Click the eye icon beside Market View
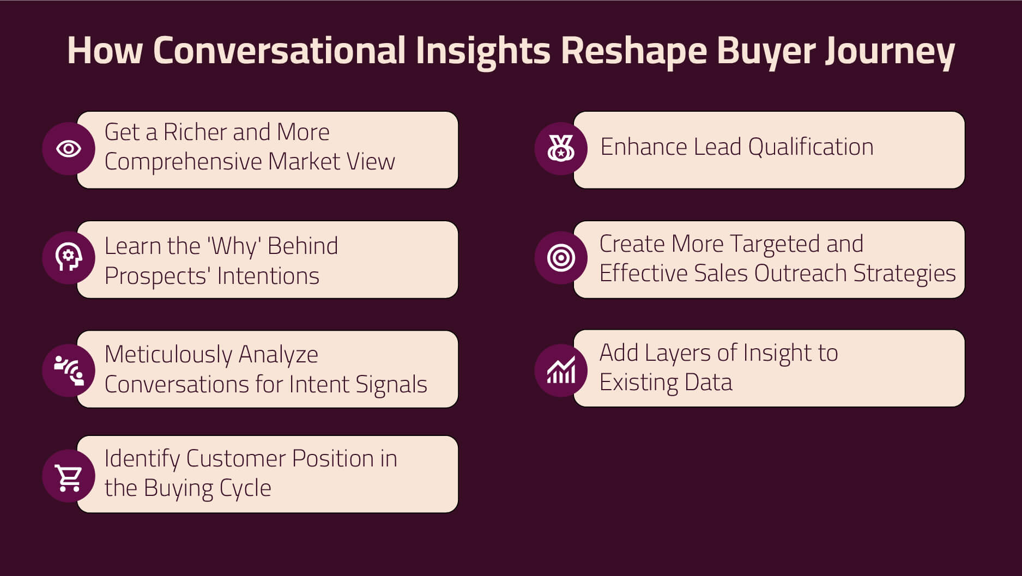(69, 149)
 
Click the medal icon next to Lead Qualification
(561, 148)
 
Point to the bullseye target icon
(561, 258)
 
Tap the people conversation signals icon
(69, 370)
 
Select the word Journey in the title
(890, 51)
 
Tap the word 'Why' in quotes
(234, 246)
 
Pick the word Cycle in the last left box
(245, 488)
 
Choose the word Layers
(678, 353)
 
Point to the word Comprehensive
(183, 162)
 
